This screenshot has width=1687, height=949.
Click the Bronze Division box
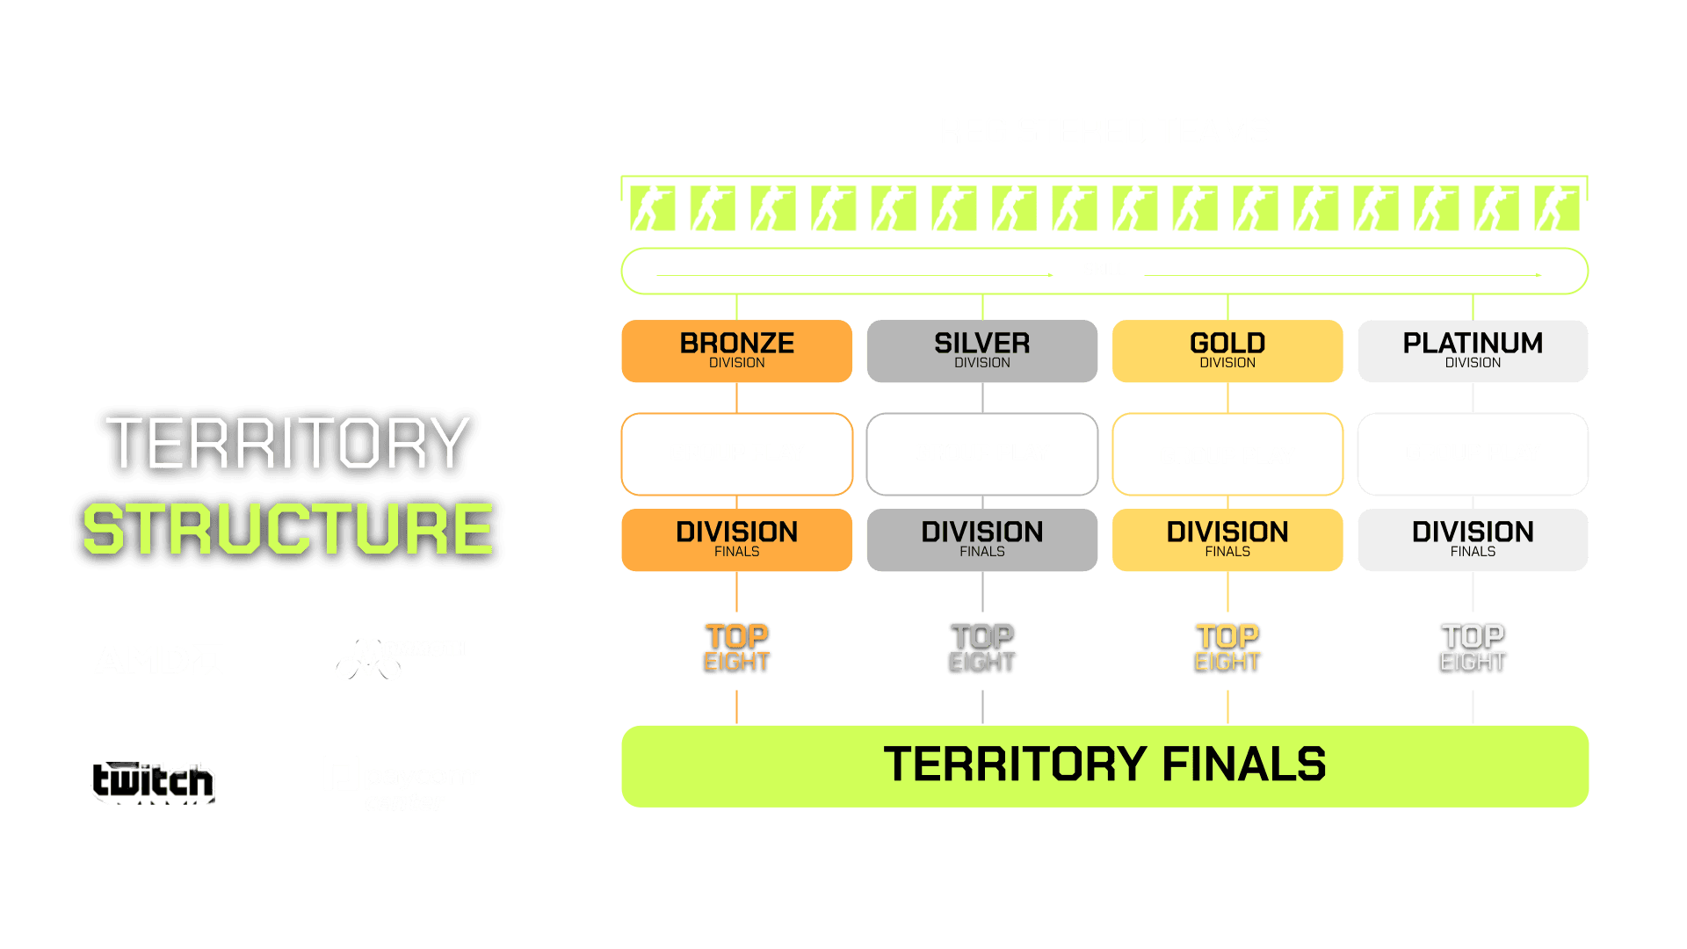point(736,351)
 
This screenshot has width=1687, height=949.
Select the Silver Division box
point(981,351)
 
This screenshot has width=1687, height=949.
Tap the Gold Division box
point(1227,351)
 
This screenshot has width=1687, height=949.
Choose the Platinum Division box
point(1472,351)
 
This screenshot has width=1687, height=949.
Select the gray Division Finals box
point(981,540)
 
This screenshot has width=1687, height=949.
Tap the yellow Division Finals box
point(1227,540)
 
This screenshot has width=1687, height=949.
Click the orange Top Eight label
point(736,648)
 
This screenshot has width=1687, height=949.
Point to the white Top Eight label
point(1472,648)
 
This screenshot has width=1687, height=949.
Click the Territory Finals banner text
point(1104,764)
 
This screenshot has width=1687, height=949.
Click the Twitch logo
point(153,781)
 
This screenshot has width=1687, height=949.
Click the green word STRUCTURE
point(287,530)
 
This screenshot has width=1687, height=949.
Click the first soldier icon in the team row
point(652,208)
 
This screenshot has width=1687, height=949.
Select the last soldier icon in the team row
point(1556,208)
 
